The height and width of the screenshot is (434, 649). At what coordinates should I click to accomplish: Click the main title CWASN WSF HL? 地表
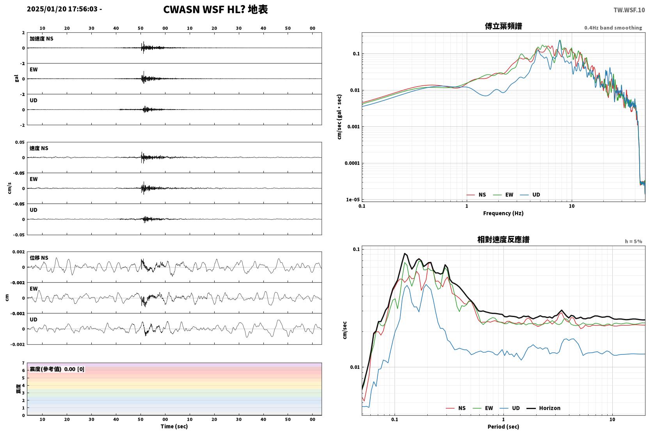point(215,10)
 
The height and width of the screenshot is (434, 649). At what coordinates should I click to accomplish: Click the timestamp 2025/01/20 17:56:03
point(62,9)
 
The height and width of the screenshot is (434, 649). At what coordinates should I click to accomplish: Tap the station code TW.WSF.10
point(629,10)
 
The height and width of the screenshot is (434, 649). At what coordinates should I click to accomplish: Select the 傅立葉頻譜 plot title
point(503,26)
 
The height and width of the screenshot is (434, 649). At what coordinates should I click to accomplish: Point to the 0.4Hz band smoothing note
point(613,28)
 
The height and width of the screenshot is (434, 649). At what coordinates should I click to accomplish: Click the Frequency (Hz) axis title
point(503,213)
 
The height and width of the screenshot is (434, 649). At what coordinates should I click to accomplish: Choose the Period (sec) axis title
point(503,427)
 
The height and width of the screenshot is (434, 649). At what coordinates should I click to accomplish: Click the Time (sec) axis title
point(174,426)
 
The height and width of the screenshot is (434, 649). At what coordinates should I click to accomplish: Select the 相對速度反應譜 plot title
point(503,239)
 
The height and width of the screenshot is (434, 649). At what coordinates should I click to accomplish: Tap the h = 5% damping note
point(633,241)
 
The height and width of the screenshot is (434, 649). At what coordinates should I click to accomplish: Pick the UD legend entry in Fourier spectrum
point(530,195)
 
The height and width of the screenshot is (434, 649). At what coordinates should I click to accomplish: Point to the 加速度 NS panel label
point(41,39)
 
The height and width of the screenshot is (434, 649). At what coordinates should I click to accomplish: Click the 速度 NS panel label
point(39,148)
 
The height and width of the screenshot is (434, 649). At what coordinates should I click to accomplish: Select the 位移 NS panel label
point(39,258)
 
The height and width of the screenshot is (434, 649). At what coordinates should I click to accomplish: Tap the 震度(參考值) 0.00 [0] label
point(57,369)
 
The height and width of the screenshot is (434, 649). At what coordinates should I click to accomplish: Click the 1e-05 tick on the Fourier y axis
point(353,200)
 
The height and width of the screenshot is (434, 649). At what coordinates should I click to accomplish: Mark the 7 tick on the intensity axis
point(23,363)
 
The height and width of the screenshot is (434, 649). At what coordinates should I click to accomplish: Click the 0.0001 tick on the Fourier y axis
point(352,163)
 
